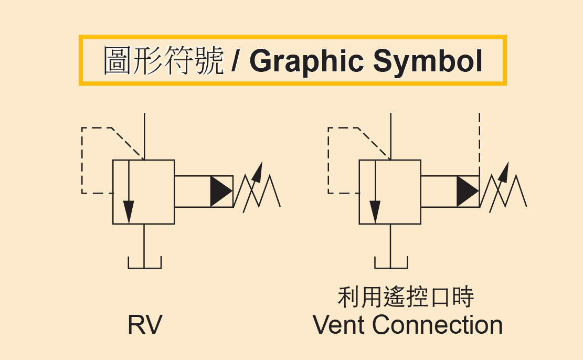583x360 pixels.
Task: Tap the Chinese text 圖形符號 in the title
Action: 164,61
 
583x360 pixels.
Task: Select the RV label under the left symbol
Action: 145,325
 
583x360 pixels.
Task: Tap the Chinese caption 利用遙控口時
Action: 406,297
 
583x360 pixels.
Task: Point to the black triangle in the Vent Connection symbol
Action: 467,192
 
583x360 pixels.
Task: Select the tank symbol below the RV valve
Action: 145,262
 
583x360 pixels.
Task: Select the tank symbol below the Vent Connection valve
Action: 391,262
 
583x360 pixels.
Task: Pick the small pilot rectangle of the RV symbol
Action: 192,192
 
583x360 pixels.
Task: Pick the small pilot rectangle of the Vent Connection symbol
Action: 439,192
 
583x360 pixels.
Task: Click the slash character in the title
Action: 236,61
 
